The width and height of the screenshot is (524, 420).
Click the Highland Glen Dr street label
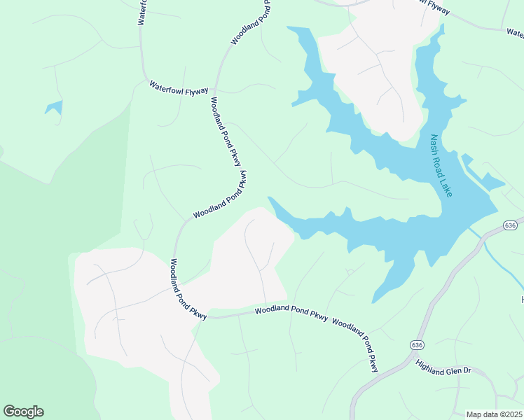[x=445, y=368]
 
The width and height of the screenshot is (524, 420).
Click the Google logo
[x=23, y=412]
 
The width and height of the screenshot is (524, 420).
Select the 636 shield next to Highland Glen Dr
[x=418, y=345]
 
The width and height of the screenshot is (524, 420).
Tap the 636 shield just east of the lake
[x=510, y=225]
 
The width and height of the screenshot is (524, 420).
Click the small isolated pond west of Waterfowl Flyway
[x=54, y=108]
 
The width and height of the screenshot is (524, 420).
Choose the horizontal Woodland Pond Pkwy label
[x=291, y=312]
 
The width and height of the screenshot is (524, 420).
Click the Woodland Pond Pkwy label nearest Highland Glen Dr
[x=356, y=344]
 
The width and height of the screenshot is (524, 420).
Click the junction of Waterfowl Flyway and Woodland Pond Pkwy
[x=215, y=91]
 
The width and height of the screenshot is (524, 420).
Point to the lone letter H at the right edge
[x=522, y=300]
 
